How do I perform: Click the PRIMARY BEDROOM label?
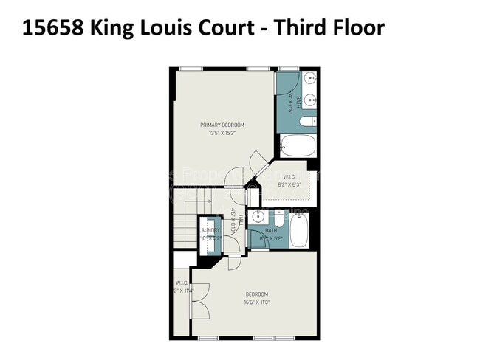tap(222, 125)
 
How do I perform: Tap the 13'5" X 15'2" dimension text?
tap(222, 134)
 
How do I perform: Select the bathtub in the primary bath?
tap(298, 147)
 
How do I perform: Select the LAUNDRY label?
tap(209, 230)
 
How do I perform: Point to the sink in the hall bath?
tap(257, 217)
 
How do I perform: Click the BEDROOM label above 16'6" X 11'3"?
tap(257, 294)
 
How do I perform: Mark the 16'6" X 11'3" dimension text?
tap(257, 302)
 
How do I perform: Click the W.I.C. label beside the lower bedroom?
tap(182, 283)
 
